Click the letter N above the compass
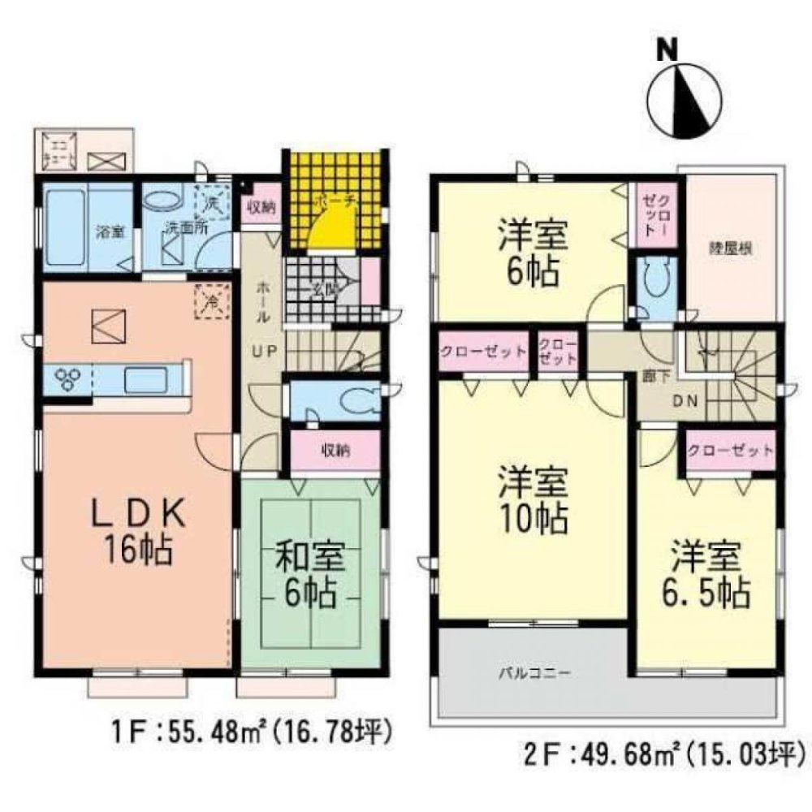point(667,50)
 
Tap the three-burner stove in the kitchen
point(65,378)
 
